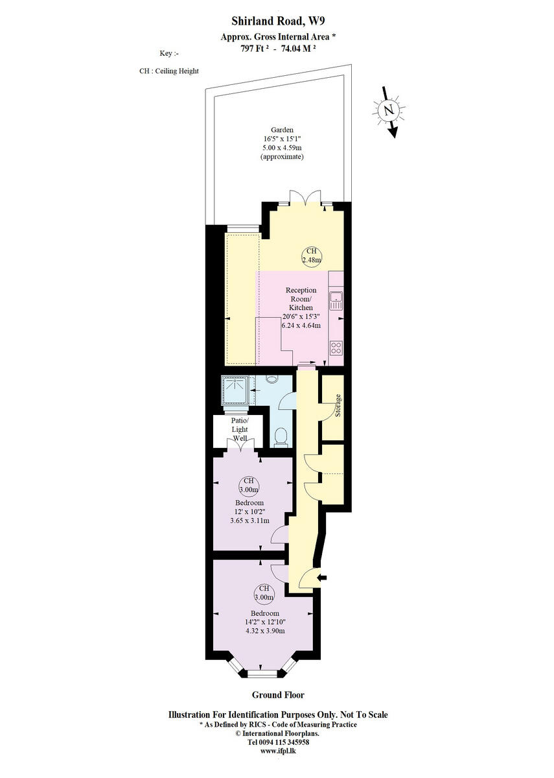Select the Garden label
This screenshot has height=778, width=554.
pyautogui.click(x=282, y=129)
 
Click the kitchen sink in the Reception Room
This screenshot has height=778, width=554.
pyautogui.click(x=336, y=301)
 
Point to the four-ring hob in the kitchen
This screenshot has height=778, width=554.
pyautogui.click(x=336, y=347)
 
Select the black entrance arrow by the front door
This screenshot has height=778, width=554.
pyautogui.click(x=323, y=578)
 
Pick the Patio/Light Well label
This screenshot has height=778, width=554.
pyautogui.click(x=240, y=429)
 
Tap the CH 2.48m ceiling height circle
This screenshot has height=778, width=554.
pyautogui.click(x=311, y=255)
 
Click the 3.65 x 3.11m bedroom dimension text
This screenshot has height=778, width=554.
pyautogui.click(x=249, y=520)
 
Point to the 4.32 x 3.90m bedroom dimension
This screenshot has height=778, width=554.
pyautogui.click(x=265, y=630)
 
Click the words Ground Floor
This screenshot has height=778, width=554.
pyautogui.click(x=277, y=695)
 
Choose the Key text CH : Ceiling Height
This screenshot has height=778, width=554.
pyautogui.click(x=169, y=71)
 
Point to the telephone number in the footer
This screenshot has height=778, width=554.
pyautogui.click(x=279, y=742)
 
